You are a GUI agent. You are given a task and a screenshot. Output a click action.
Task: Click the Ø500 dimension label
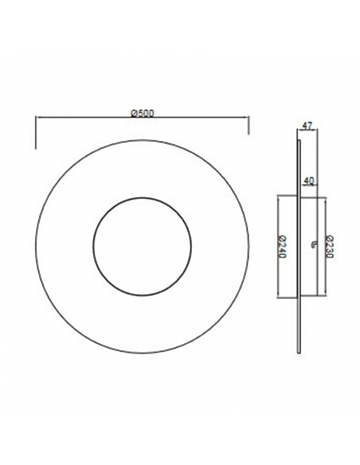tap(142, 112)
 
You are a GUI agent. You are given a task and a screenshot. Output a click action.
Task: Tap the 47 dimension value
tap(307, 125)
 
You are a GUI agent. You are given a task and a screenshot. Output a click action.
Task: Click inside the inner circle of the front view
tap(142, 243)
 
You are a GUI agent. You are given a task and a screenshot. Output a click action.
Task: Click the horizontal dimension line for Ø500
tap(88, 119)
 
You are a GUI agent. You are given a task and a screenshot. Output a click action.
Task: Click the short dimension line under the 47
tap(308, 132)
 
